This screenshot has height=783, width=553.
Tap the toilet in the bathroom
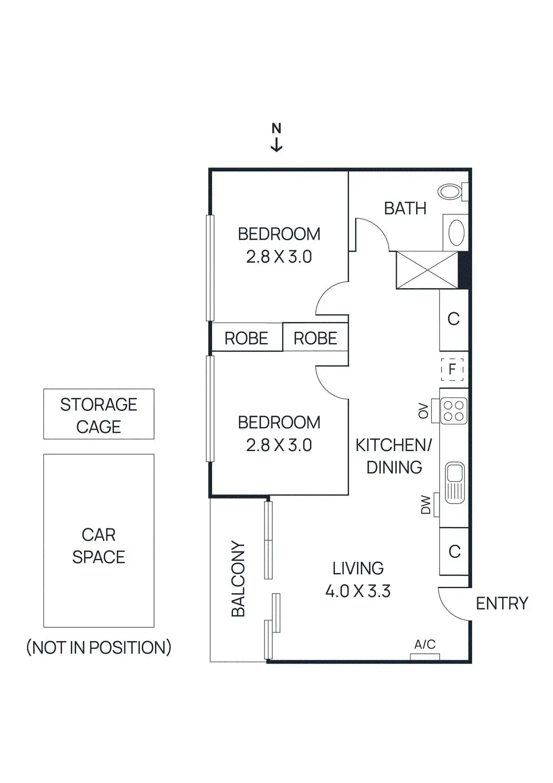[451, 191]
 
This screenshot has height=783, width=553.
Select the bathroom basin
[456, 232]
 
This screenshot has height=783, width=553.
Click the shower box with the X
[427, 270]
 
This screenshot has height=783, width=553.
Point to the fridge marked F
[452, 369]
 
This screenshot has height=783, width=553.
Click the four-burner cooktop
[454, 411]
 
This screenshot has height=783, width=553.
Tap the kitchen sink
[455, 483]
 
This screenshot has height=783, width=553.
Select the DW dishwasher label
[426, 505]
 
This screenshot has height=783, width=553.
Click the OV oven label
[423, 411]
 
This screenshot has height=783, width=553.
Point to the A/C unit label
[424, 645]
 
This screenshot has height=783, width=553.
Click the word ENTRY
[502, 603]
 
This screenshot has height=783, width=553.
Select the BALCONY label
[238, 578]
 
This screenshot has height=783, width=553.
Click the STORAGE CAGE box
[99, 415]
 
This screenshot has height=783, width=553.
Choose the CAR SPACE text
[99, 546]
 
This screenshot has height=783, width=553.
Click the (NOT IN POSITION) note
[99, 647]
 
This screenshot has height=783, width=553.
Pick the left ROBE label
[246, 338]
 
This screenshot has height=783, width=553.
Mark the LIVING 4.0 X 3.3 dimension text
[358, 579]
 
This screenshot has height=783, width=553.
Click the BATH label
[405, 208]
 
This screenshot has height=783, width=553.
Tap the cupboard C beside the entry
[454, 552]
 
